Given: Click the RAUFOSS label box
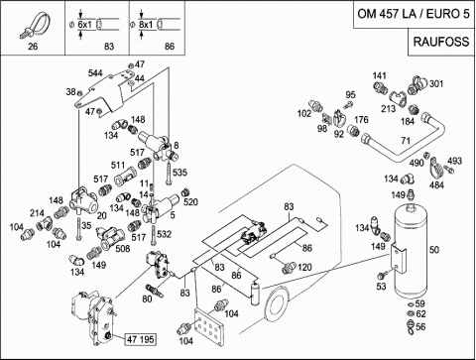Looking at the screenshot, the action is (441, 42).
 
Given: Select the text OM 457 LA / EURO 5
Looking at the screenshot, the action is (414, 14).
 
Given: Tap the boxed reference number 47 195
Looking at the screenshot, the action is (141, 339).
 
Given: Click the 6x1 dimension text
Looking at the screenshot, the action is (85, 25).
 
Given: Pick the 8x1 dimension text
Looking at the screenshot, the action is (146, 25).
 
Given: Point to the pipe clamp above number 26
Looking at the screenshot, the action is (37, 25).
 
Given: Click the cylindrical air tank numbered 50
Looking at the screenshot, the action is (411, 250).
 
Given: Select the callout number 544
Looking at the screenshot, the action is (95, 73).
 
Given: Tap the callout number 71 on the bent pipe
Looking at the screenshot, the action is (406, 141).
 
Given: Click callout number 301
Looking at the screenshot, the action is (436, 84).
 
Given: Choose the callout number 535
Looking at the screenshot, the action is (179, 173).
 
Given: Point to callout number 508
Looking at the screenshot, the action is (122, 248).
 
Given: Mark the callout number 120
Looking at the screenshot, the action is (304, 267).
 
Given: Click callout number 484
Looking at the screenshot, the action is (436, 184).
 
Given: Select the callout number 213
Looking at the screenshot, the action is (388, 108).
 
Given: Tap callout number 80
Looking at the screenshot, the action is (147, 299).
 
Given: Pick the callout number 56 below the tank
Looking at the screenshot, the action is (420, 326).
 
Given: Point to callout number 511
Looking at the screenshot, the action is (118, 165).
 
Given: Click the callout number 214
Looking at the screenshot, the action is (37, 213).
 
